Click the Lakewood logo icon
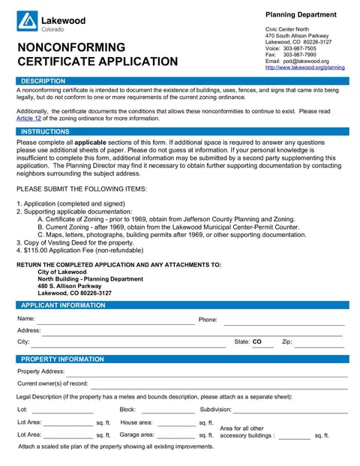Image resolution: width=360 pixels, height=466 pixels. click(27, 21)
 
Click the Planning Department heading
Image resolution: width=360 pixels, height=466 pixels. click(301, 14)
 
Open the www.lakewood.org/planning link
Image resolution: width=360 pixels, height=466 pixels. click(305, 68)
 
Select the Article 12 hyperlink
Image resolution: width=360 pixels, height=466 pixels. click(28, 118)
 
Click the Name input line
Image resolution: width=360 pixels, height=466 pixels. click(116, 321)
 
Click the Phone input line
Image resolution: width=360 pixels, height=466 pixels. click(283, 322)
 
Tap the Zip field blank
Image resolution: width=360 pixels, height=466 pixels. click(318, 344)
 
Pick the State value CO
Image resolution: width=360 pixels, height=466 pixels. click(257, 342)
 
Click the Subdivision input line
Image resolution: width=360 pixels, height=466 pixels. click(290, 411)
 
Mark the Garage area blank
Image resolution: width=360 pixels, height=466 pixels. click(176, 436)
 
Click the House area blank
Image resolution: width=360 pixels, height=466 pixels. click(176, 424)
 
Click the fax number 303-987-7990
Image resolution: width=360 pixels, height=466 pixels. click(299, 55)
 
